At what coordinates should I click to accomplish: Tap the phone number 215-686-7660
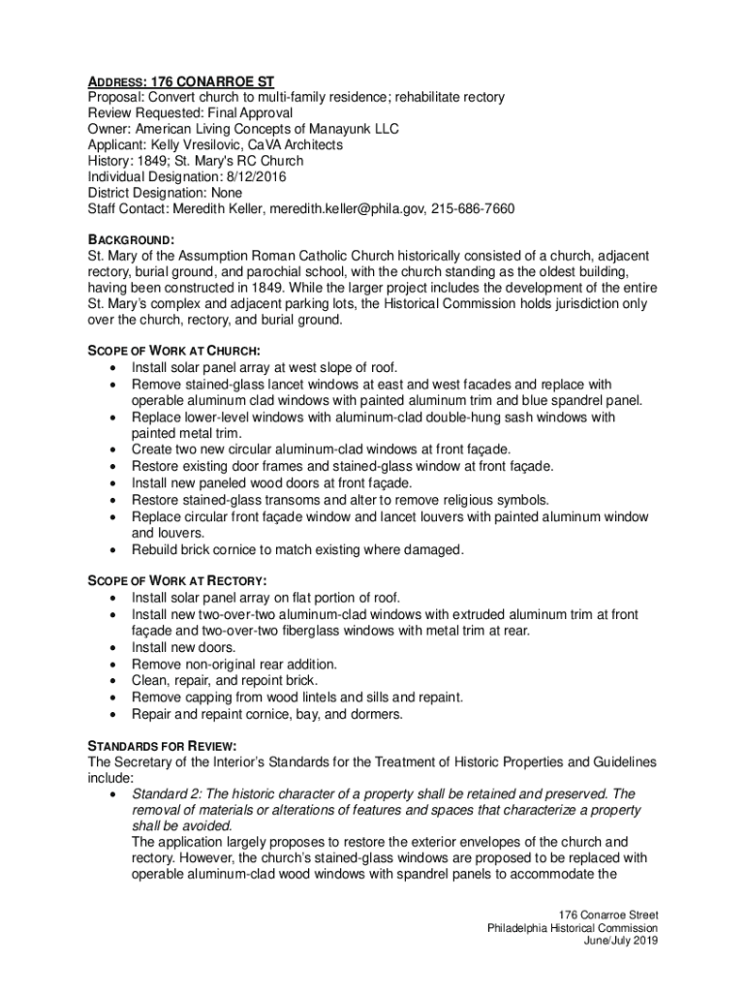469,208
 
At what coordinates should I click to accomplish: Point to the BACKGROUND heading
132,239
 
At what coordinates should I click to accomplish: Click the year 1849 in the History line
158,161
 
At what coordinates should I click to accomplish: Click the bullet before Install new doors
116,647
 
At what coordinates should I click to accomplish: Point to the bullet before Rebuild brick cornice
116,550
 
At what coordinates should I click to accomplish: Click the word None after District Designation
228,193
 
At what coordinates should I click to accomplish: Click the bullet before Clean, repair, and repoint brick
116,680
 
